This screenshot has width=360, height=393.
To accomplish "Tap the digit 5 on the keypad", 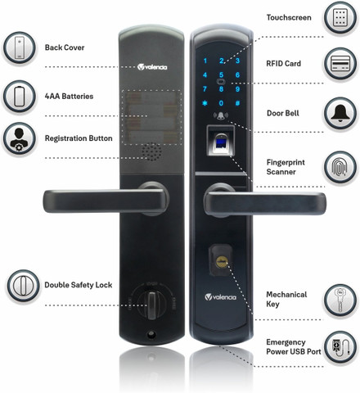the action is point(221,75).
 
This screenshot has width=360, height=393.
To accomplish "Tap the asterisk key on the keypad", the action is point(205,103).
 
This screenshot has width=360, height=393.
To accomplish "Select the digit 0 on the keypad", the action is point(221,103).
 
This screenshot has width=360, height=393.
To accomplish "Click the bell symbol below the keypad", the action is point(221,116).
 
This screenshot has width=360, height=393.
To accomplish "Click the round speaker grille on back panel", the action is point(151,151).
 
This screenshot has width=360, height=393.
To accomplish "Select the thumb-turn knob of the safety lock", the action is point(151,305).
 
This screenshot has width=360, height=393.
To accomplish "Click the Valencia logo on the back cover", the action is point(152,67).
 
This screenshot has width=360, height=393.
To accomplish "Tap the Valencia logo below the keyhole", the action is point(220,297).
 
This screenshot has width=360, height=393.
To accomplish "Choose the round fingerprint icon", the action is point(340,167).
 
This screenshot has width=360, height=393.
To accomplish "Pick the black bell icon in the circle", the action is point(340,113).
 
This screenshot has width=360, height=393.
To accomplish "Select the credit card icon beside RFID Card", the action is point(340,64).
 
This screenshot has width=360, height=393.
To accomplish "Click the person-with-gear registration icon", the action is point(19,138).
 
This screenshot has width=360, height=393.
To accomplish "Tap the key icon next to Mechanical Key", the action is point(340,300).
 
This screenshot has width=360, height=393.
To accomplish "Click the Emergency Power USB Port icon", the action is point(340,347).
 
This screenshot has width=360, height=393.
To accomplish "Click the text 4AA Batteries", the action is point(69,96).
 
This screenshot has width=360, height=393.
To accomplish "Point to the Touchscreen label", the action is point(289,17).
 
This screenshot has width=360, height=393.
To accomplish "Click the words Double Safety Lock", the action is point(79,285).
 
